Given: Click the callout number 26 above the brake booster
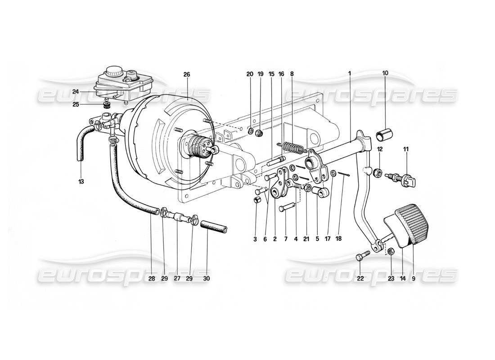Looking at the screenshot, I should tap(187, 75).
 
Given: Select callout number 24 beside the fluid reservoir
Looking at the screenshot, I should tap(76, 91).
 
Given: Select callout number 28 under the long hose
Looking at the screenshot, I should tap(152, 279).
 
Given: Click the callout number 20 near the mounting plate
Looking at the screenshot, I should tap(250, 75).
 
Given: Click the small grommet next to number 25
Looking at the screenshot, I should tap(107, 105).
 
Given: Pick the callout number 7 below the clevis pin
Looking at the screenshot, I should tap(286, 239).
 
